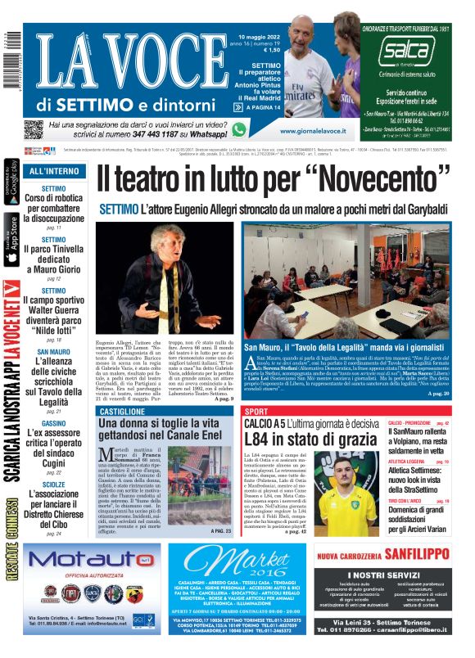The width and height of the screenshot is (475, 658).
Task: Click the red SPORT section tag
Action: [x=257, y=411]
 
